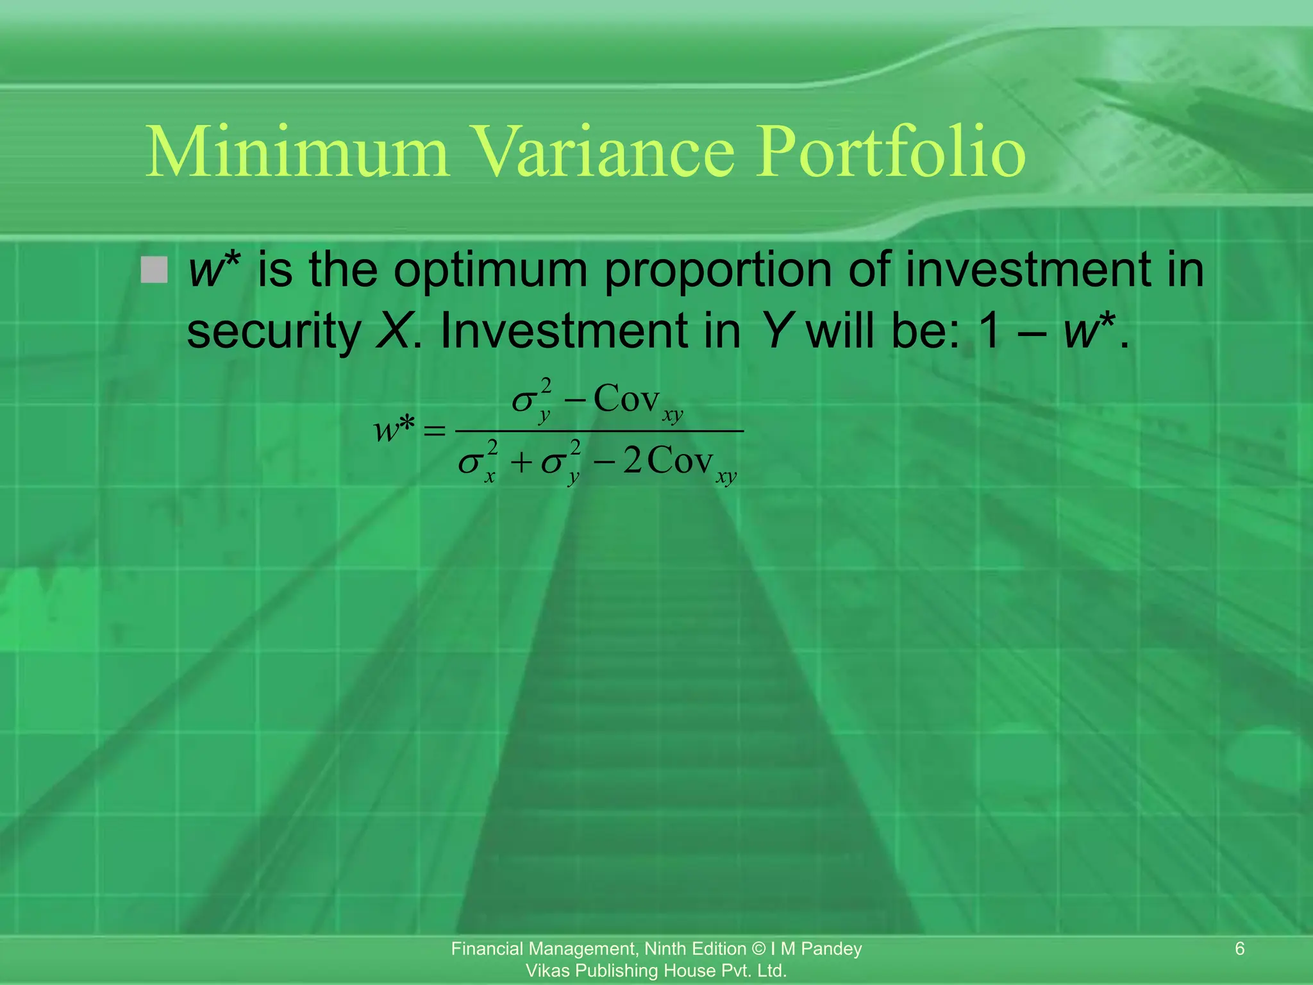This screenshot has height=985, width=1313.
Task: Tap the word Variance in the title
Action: point(602,152)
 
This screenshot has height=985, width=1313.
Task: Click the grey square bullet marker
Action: point(154,270)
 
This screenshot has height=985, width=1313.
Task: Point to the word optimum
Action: point(490,271)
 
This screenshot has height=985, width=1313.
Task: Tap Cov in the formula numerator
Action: point(626,399)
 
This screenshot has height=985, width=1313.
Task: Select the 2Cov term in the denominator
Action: point(668,460)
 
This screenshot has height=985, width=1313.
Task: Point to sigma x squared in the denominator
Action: point(478,461)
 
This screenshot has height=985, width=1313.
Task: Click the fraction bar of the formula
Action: point(599,431)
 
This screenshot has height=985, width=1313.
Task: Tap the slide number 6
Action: point(1239,948)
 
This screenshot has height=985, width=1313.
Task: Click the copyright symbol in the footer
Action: point(758,948)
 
